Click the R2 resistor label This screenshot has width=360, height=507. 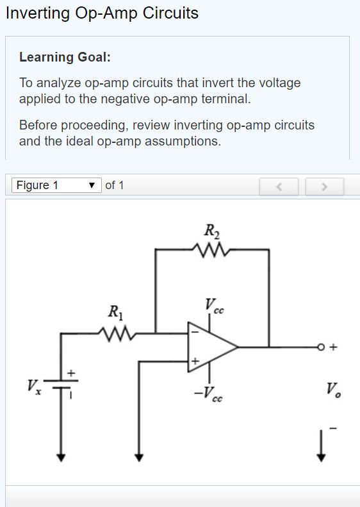tap(211, 231)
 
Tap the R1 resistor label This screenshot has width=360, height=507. tap(116, 312)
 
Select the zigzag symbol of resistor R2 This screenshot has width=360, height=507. tap(211, 249)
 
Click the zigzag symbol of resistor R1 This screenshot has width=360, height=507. tap(117, 334)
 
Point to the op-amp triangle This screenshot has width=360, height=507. tap(211, 347)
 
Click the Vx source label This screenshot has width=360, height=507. tap(34, 387)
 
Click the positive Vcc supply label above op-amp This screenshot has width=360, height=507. tap(214, 306)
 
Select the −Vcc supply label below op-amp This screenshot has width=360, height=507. tap(208, 394)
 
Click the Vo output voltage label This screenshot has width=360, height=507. tap(333, 389)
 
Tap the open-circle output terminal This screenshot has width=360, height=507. tap(320, 347)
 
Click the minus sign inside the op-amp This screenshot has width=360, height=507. tap(195, 332)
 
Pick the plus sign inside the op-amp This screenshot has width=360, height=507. tap(195, 361)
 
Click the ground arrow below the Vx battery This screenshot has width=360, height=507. tap(61, 457)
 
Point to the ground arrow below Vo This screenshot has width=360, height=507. tap(321, 446)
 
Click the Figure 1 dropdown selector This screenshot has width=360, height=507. tap(56, 185)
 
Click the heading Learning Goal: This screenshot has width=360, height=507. tap(65, 57)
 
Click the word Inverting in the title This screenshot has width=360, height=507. tap(38, 13)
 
